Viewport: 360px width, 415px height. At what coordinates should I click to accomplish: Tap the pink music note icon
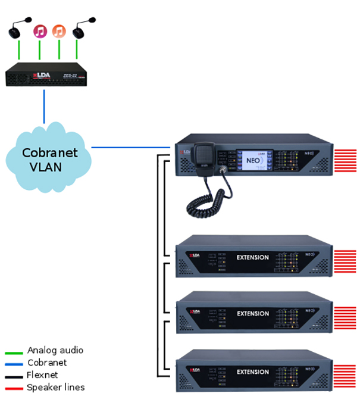[x=39, y=30]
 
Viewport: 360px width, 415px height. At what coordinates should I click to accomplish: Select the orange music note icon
[x=58, y=30]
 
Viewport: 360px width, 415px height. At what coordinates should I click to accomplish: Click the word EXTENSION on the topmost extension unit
[x=252, y=258]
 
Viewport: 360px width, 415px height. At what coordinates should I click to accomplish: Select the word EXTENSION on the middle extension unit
[x=252, y=313]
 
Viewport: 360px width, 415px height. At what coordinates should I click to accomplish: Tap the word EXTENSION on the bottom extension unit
[x=252, y=372]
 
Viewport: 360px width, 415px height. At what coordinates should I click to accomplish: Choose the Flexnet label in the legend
[x=42, y=375]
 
